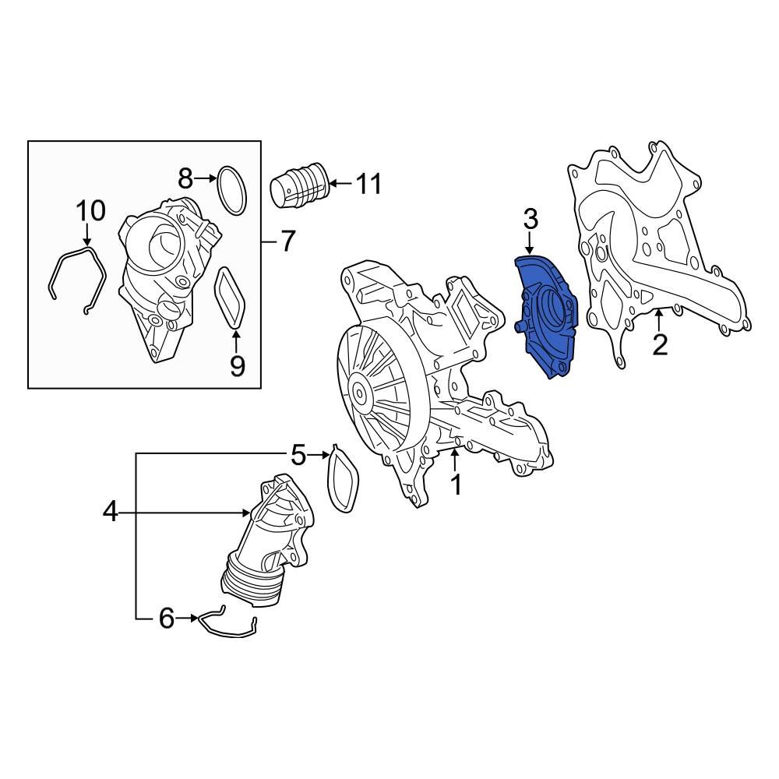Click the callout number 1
point(456,485)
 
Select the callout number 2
point(660,344)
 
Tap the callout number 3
point(530,219)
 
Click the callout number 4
point(110,512)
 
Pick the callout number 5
point(299,453)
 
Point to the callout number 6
point(166,618)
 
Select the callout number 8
point(185,179)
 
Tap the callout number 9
point(237,364)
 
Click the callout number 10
point(90,210)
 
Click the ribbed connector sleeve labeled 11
point(299,188)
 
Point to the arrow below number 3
point(530,243)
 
